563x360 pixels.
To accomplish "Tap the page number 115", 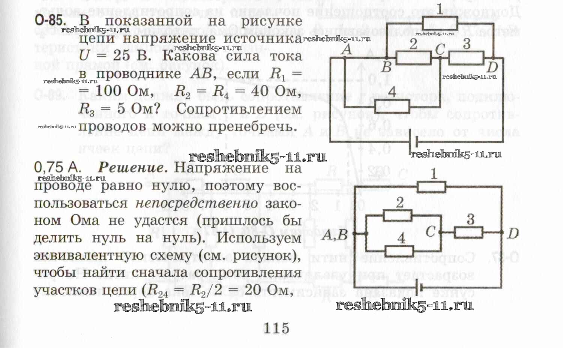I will pos(276,329).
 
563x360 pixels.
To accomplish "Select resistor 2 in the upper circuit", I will pos(413,58).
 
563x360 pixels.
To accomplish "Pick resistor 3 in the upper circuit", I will pos(466,58).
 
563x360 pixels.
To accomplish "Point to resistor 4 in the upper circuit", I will pos(392,106).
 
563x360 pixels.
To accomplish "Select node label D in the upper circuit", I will pos(492,67).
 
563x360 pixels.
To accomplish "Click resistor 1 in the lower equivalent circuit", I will pos(431,187).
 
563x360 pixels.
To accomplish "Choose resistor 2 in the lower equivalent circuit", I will pos(398,215).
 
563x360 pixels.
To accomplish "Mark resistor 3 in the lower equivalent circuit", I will pos(468,233).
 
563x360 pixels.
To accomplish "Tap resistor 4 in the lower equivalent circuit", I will pos(400,251).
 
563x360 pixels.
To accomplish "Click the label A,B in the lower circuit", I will pos(335,235).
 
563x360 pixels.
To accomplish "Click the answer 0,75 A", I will pos(57,167).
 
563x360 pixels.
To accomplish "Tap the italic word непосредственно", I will pos(196,203).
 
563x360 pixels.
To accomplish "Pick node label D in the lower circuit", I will pos(512,233).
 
